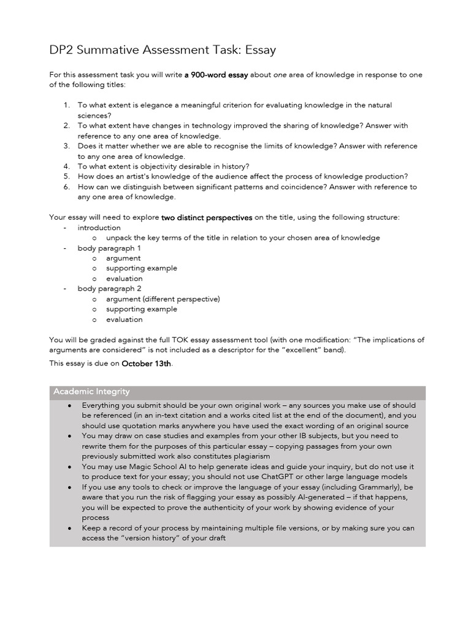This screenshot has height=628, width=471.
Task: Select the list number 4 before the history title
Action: pos(66,166)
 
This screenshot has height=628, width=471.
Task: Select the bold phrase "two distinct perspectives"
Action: pos(207,217)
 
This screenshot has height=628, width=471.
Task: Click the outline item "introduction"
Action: pos(99,228)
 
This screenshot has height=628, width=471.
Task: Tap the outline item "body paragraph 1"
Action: pos(109,248)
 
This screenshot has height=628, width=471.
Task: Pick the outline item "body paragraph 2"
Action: pos(109,289)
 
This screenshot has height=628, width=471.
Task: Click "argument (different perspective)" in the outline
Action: pos(163,299)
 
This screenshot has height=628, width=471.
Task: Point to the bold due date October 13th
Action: pos(147,364)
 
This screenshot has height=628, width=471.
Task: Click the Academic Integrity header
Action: pos(91,392)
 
